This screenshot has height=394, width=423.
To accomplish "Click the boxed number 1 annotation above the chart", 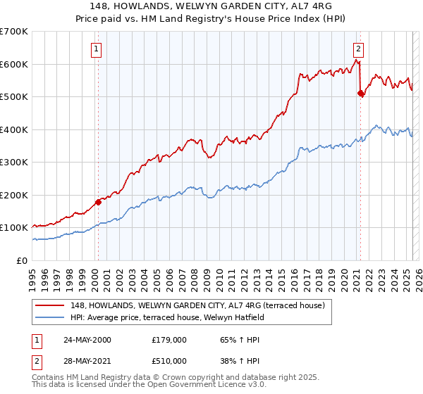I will (95, 49).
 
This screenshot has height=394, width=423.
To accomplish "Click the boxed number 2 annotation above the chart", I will (359, 49).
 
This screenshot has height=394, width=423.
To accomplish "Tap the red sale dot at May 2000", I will (99, 202).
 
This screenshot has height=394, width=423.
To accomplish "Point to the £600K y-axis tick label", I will (14, 65).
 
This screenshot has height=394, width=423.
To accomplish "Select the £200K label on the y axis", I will (14, 196).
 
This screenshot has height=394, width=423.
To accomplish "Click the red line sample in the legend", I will (49, 305).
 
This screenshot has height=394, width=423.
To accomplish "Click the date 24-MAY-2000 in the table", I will (87, 340).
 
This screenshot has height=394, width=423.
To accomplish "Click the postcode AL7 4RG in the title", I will (309, 7).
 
